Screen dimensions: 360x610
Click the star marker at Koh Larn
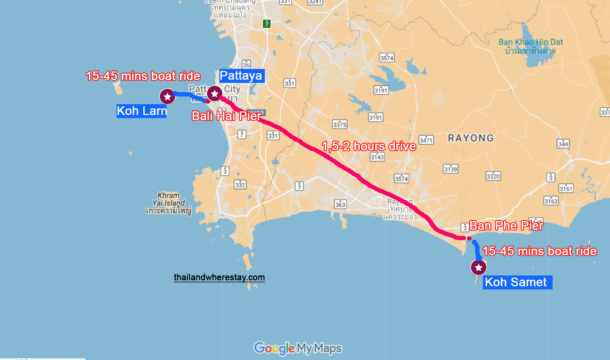(x=167, y=96)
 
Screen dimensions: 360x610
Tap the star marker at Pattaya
(x=215, y=94)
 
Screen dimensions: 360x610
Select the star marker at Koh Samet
(x=479, y=267)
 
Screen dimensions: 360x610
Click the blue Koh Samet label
(x=517, y=282)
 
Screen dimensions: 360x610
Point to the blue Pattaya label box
(x=241, y=76)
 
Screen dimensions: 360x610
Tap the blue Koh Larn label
(x=142, y=111)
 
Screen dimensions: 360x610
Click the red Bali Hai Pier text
(x=227, y=116)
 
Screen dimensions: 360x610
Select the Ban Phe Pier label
(x=506, y=226)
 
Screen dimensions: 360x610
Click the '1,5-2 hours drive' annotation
(x=369, y=146)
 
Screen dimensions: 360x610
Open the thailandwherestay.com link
(x=219, y=278)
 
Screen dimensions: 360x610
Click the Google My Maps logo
(x=298, y=349)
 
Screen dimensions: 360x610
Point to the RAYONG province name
(x=471, y=138)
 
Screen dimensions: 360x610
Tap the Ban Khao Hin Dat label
(x=531, y=46)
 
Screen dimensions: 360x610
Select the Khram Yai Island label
(x=169, y=203)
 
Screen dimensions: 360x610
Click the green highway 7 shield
(x=267, y=24)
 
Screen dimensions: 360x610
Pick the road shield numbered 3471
(x=426, y=140)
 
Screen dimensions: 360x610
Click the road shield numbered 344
(x=563, y=144)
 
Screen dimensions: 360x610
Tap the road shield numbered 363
(x=340, y=204)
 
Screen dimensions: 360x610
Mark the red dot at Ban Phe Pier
(x=469, y=238)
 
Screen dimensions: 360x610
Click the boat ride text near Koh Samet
(x=539, y=251)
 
